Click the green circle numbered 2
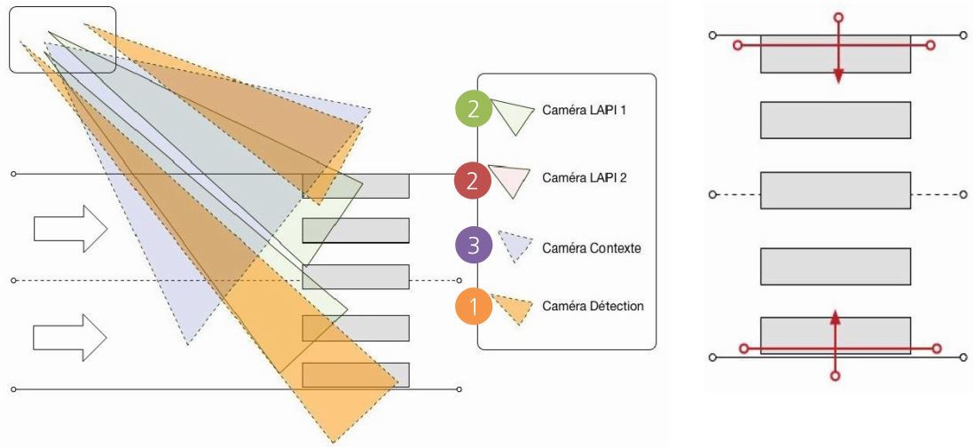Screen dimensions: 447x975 (x=474, y=111)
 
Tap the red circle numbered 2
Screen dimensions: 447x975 (x=473, y=181)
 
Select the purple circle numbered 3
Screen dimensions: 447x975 (x=474, y=247)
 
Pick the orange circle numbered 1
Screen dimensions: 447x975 (x=474, y=308)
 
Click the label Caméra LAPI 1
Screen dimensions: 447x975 (x=586, y=111)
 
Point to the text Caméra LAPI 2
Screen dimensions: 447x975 (x=586, y=178)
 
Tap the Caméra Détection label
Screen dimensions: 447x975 (x=594, y=306)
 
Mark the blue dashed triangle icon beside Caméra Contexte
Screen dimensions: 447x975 (x=515, y=245)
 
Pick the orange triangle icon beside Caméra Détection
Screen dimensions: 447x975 (x=513, y=307)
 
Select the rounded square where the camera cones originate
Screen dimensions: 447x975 (x=62, y=39)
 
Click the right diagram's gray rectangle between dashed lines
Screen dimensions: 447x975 (x=835, y=191)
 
